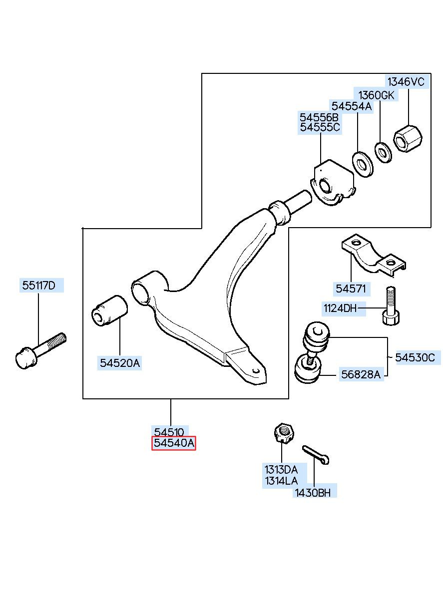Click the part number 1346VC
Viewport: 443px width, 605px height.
(x=406, y=81)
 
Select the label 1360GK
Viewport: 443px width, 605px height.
(x=376, y=95)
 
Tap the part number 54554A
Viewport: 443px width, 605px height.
(x=352, y=106)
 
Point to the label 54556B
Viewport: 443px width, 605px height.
(x=319, y=117)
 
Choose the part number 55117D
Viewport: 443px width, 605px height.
(x=38, y=285)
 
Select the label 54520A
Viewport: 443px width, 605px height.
(x=120, y=363)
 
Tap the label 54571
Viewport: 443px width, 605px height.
(x=351, y=289)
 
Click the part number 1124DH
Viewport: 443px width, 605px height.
(x=340, y=308)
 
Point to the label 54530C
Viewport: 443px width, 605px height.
(x=415, y=357)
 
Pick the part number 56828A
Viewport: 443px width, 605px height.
(x=361, y=374)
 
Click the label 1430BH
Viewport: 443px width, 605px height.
(x=313, y=493)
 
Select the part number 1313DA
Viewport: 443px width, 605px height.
(x=281, y=470)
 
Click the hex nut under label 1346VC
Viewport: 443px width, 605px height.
(x=408, y=139)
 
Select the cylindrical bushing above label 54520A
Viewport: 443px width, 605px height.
(x=110, y=311)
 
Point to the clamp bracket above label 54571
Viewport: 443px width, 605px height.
(x=374, y=256)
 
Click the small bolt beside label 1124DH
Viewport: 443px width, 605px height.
(x=390, y=305)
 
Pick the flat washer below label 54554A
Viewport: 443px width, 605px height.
(x=362, y=165)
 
